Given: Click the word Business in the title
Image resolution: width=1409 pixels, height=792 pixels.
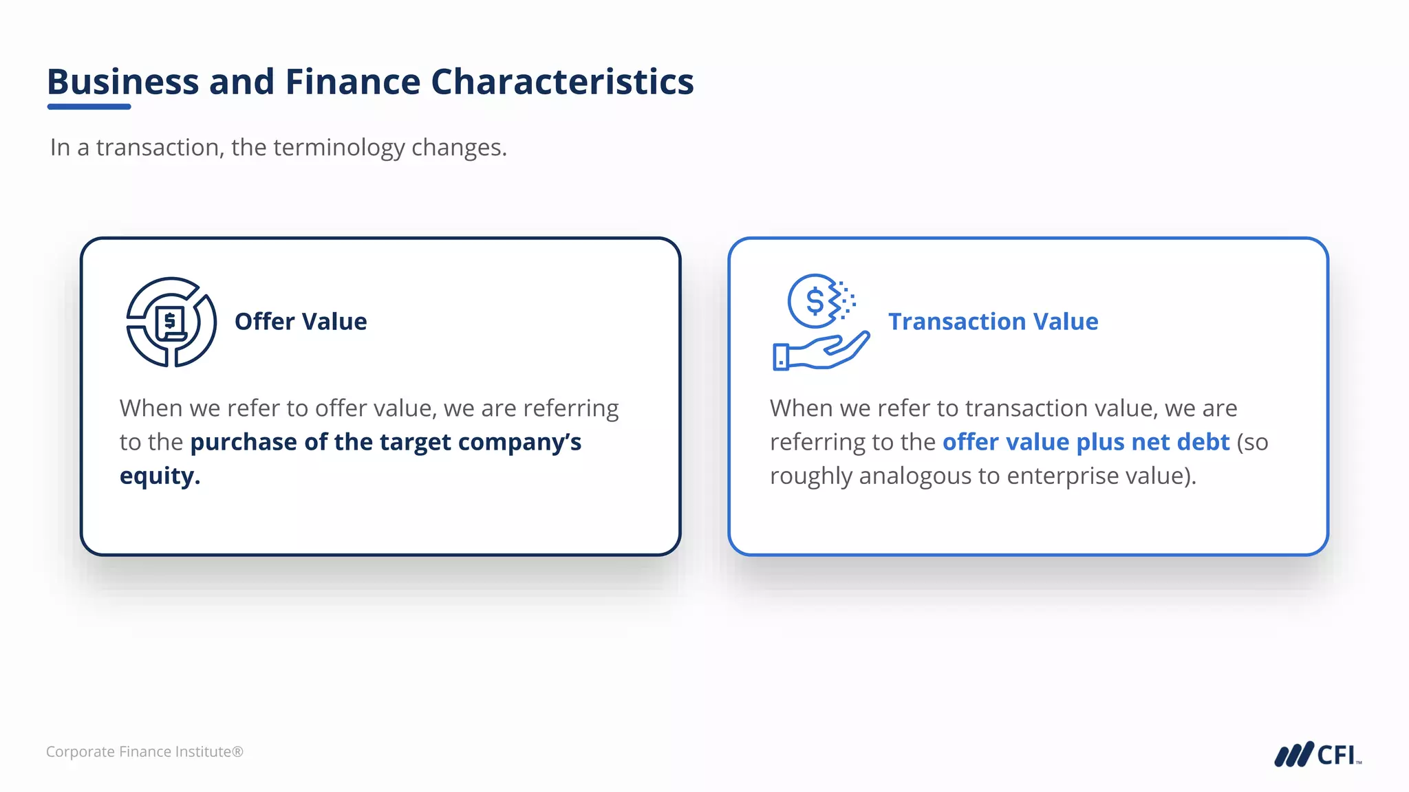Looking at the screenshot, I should coord(122,82).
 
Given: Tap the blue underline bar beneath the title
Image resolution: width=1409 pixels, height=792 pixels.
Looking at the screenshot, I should coord(89,107).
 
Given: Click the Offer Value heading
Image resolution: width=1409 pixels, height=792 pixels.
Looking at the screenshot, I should coord(301,322).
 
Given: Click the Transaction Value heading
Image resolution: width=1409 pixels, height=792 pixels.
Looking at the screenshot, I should coord(993,322).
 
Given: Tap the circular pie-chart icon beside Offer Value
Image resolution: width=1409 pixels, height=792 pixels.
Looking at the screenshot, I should coord(171,322).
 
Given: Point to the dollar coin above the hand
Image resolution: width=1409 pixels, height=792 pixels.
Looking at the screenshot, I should coord(815,301).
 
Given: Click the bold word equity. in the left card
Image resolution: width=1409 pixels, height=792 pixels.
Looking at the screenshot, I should coord(160,476).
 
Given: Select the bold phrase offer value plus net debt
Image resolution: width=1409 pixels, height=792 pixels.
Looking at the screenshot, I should coord(1086,442).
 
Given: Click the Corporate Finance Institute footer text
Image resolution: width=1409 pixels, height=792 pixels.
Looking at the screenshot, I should coord(144,752).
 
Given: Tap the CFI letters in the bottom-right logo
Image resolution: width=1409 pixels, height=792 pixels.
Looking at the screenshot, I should coord(1336,755).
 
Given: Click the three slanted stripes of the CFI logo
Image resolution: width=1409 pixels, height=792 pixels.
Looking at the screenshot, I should coord(1293,755).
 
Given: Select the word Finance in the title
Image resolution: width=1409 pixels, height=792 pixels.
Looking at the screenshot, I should coord(352,82).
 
